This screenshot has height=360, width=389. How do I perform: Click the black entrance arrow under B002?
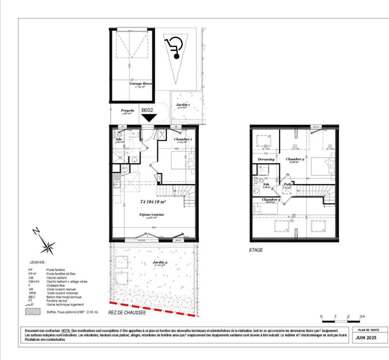(x=149, y=118)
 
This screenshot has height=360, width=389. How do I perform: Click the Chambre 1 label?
(x=183, y=139)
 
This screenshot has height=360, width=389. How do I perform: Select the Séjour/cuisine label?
(x=152, y=215)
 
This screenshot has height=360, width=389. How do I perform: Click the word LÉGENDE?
(x=38, y=261)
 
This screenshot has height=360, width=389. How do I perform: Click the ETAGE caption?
(x=256, y=250)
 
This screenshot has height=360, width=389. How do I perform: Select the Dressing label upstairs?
(x=266, y=159)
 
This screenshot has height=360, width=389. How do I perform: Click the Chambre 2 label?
(x=295, y=159)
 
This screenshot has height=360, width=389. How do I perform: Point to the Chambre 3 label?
(x=271, y=199)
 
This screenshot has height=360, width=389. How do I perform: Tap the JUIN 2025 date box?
(x=364, y=337)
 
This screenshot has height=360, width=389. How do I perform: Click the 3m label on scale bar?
(x=362, y=317)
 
